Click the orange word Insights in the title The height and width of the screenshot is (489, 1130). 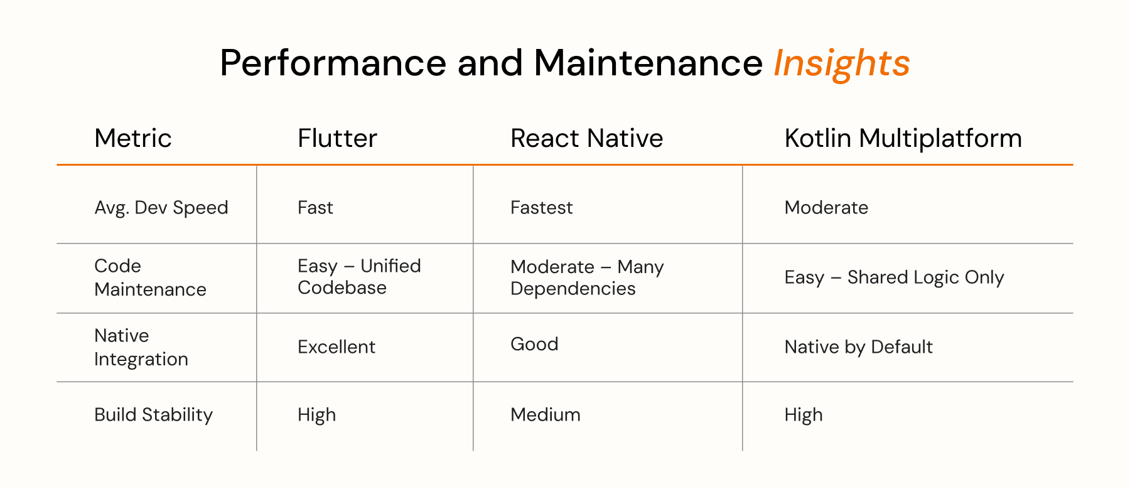(841, 64)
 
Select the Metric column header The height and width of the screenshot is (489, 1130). (133, 138)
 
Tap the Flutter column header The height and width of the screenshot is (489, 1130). (337, 138)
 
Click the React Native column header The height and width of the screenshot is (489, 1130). (586, 138)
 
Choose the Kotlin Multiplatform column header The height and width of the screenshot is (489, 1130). (903, 139)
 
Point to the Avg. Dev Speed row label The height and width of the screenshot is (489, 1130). (161, 208)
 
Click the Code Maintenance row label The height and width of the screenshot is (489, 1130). (151, 277)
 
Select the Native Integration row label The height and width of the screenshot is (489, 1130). (141, 347)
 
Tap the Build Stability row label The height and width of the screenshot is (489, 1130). (154, 415)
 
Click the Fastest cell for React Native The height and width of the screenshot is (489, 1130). (541, 208)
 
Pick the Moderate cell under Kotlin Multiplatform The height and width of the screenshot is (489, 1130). (826, 208)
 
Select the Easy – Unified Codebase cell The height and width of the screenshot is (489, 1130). (359, 277)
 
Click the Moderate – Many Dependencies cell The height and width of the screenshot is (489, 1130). (587, 277)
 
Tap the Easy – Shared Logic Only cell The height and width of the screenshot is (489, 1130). (894, 277)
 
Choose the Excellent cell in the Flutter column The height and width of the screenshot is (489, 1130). (336, 347)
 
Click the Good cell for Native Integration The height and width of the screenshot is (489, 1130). (534, 344)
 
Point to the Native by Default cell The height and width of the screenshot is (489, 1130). (858, 347)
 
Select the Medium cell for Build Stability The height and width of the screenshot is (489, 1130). (546, 415)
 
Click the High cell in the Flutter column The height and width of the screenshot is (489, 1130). (316, 415)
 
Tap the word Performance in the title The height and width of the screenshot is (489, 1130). (333, 63)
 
